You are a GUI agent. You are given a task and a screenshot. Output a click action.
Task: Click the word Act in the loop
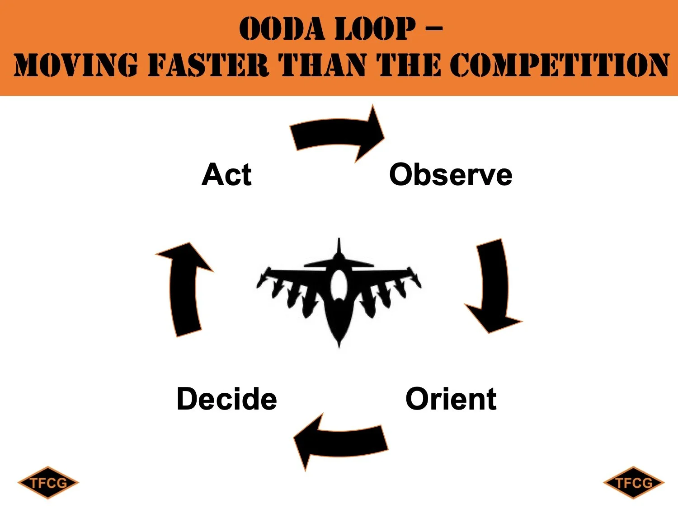point(226,175)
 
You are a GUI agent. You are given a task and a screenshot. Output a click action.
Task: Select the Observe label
point(451,175)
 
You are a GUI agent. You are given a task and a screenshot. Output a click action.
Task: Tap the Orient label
point(451,399)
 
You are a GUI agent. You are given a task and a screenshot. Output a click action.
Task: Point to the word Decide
point(226,399)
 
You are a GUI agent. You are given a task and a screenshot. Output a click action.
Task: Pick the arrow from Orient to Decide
point(341,441)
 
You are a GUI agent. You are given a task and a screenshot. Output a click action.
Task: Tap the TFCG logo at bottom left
point(48,483)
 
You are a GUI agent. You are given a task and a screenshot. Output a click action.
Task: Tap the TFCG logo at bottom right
point(633,483)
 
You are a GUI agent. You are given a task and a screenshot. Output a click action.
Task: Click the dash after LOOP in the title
point(434,29)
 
